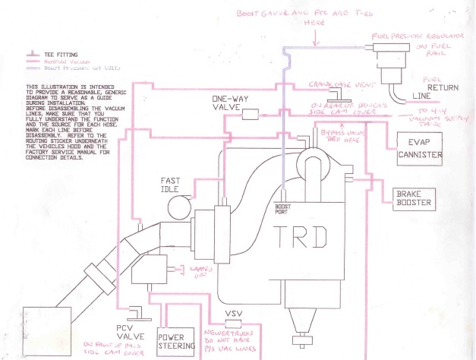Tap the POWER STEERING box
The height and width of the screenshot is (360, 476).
[x=175, y=339]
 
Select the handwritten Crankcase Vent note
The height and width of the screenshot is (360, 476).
[x=339, y=84]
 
